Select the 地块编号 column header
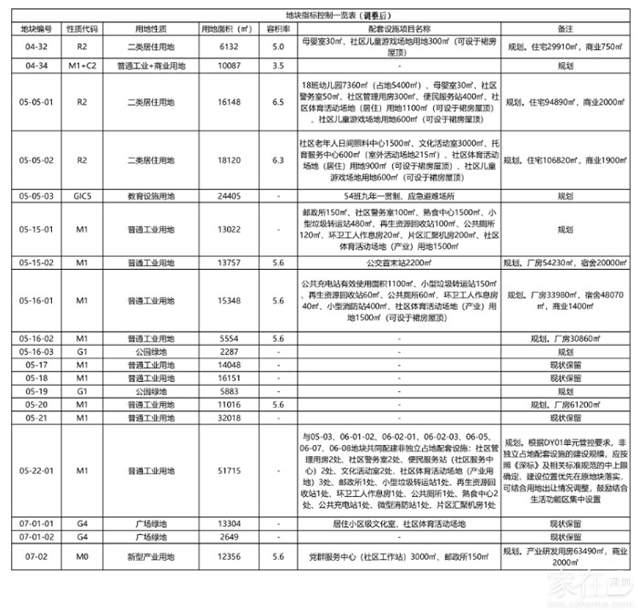(36, 30)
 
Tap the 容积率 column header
(270, 30)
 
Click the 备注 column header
(563, 30)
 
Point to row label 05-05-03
(36, 196)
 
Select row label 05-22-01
(36, 470)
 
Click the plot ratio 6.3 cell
(270, 160)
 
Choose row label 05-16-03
(36, 351)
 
